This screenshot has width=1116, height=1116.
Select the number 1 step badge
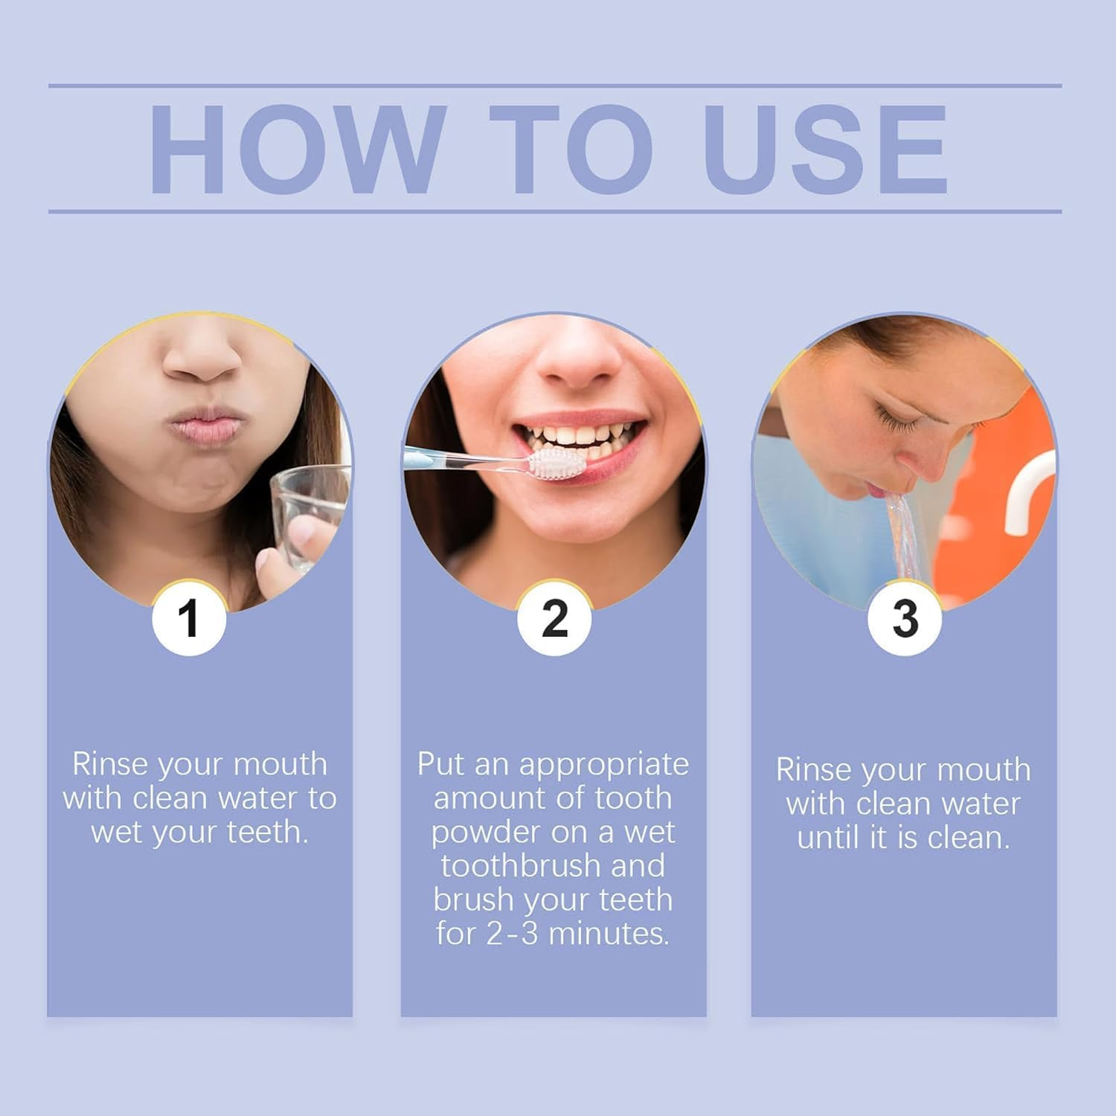[189, 618]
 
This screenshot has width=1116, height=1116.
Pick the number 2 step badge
[554, 618]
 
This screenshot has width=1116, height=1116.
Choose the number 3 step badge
[905, 618]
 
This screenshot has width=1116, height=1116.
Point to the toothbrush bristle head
[557, 463]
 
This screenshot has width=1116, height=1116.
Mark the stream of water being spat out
[903, 532]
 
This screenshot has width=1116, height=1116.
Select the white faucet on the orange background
[1030, 495]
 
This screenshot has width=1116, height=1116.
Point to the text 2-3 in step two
[512, 934]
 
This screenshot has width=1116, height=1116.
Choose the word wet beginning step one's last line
[118, 833]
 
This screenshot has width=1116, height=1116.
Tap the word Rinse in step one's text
[109, 764]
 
